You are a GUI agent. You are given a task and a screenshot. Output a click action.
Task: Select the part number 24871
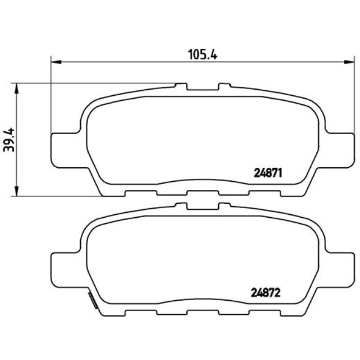point(269,172)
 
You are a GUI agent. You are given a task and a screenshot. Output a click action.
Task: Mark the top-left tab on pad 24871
point(181,87)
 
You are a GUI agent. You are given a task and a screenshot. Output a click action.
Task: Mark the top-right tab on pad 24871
point(224,87)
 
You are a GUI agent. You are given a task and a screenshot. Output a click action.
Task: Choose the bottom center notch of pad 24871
point(202,193)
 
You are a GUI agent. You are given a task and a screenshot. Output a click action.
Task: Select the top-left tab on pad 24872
point(181,205)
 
